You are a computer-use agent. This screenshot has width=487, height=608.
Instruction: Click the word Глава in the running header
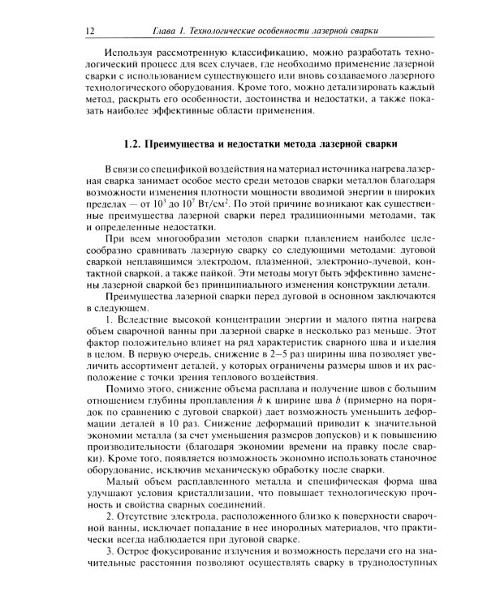(169, 31)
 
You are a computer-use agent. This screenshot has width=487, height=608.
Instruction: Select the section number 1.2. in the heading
(130, 144)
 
